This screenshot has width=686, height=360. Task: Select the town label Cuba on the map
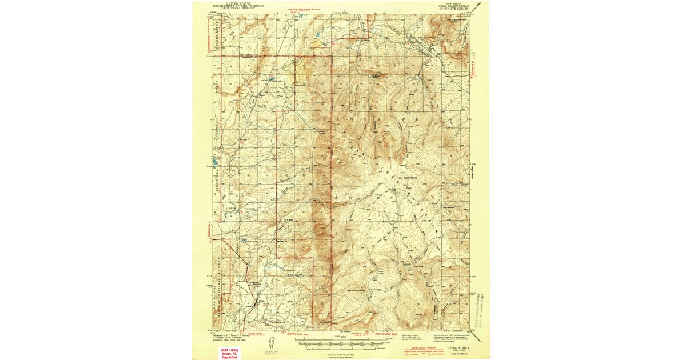click(x=262, y=301)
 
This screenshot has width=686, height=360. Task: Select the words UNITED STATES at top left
click(x=237, y=3)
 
